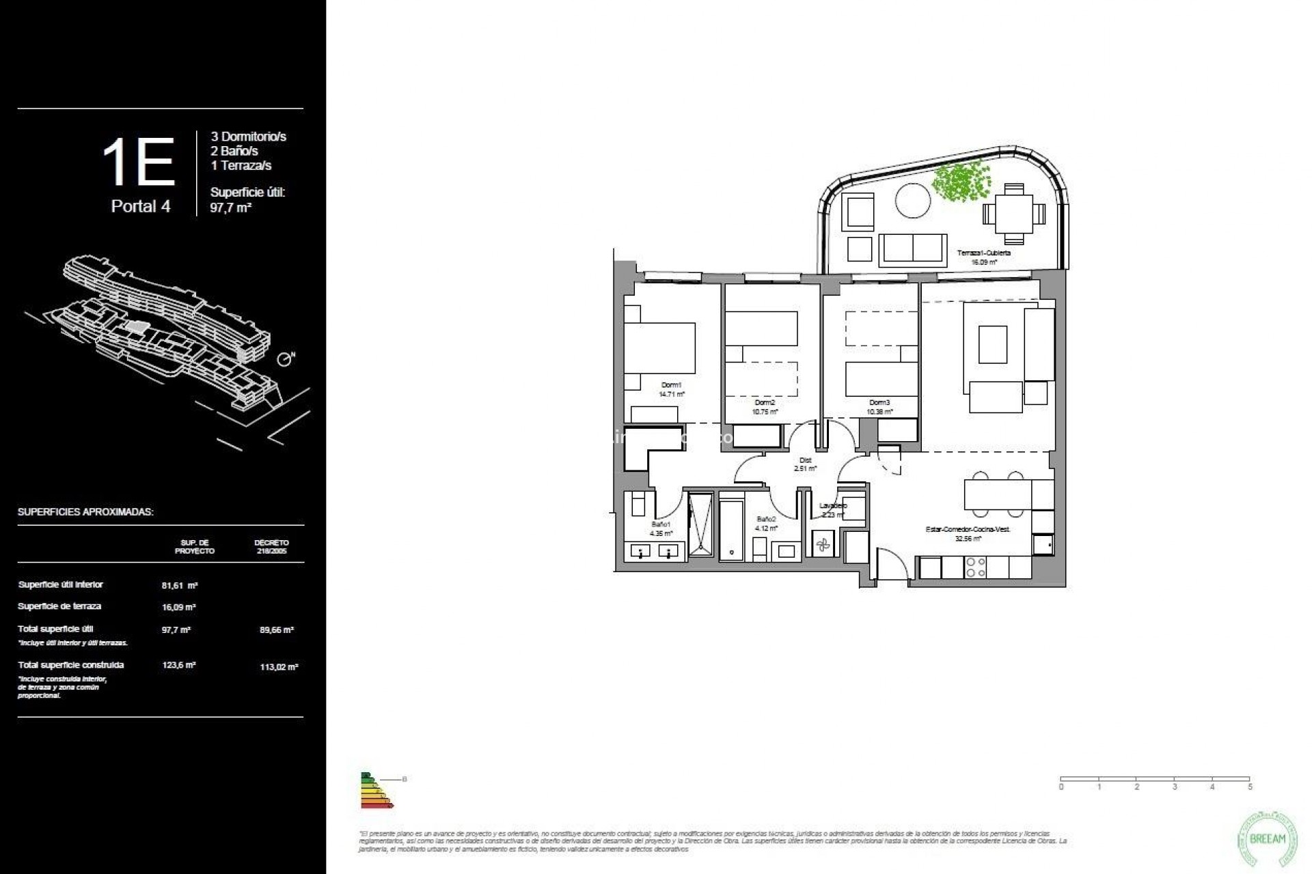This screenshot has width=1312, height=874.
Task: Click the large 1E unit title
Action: (139, 163)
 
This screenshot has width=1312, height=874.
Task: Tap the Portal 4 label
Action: (141, 206)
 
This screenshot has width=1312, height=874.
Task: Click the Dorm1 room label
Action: (671, 385)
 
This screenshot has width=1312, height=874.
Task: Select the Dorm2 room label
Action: (765, 403)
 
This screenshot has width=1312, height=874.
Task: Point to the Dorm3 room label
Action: (879, 403)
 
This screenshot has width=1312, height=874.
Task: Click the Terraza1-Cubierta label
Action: (983, 253)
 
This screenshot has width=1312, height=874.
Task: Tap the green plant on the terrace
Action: (961, 181)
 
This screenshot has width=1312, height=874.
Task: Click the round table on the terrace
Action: (912, 201)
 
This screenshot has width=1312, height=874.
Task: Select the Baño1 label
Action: (661, 524)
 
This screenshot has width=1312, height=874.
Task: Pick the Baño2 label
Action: (765, 520)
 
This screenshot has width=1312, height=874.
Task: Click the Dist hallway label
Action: (805, 460)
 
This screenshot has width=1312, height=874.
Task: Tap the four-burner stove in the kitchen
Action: (974, 567)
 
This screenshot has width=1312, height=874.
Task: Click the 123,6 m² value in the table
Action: (179, 665)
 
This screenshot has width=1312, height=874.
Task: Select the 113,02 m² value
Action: (279, 667)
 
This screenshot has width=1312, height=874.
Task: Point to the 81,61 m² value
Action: (180, 585)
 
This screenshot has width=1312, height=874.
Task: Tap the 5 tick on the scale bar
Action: (1250, 787)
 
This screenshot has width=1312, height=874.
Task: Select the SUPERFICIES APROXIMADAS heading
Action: (85, 512)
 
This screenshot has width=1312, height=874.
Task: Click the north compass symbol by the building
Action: (285, 359)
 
